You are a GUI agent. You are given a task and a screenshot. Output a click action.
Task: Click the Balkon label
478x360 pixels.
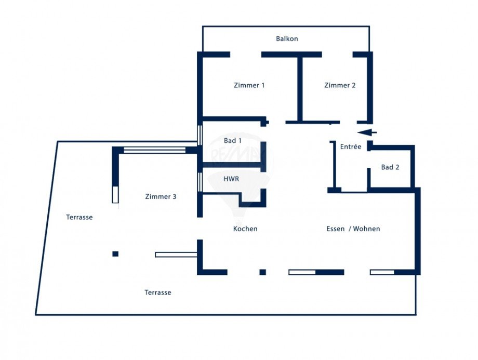coord(287,39)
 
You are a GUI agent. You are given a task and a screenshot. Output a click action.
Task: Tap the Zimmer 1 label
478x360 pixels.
coord(249,85)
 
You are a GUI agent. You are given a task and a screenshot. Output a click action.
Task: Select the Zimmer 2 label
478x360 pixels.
coord(340,85)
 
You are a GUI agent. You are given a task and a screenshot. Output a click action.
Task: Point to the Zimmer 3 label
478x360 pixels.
coord(161,197)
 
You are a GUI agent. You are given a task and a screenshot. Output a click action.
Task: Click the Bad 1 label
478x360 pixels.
coord(232,141)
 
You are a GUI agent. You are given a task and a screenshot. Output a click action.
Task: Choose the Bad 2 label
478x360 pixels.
coord(390,167)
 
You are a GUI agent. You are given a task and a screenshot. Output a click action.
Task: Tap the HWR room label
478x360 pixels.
coord(231,179)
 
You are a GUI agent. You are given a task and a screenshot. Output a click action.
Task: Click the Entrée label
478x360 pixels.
coord(351,147)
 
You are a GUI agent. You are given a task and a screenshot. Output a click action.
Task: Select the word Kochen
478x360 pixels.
coord(245,229)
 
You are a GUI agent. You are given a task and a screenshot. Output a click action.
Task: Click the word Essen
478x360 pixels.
coord(335,229)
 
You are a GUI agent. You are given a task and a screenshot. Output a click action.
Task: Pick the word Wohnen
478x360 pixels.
coord(366,229)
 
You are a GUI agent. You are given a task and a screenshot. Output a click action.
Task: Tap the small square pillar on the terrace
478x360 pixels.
coord(115,254)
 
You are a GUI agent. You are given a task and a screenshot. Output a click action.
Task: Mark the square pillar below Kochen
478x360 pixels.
coord(262,272)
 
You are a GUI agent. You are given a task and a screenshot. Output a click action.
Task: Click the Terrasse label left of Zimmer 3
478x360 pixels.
coord(79,217)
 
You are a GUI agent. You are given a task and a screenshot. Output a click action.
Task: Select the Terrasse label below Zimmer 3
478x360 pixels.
coord(158,292)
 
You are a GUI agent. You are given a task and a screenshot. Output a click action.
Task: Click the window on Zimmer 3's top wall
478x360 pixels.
coord(154,150)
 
